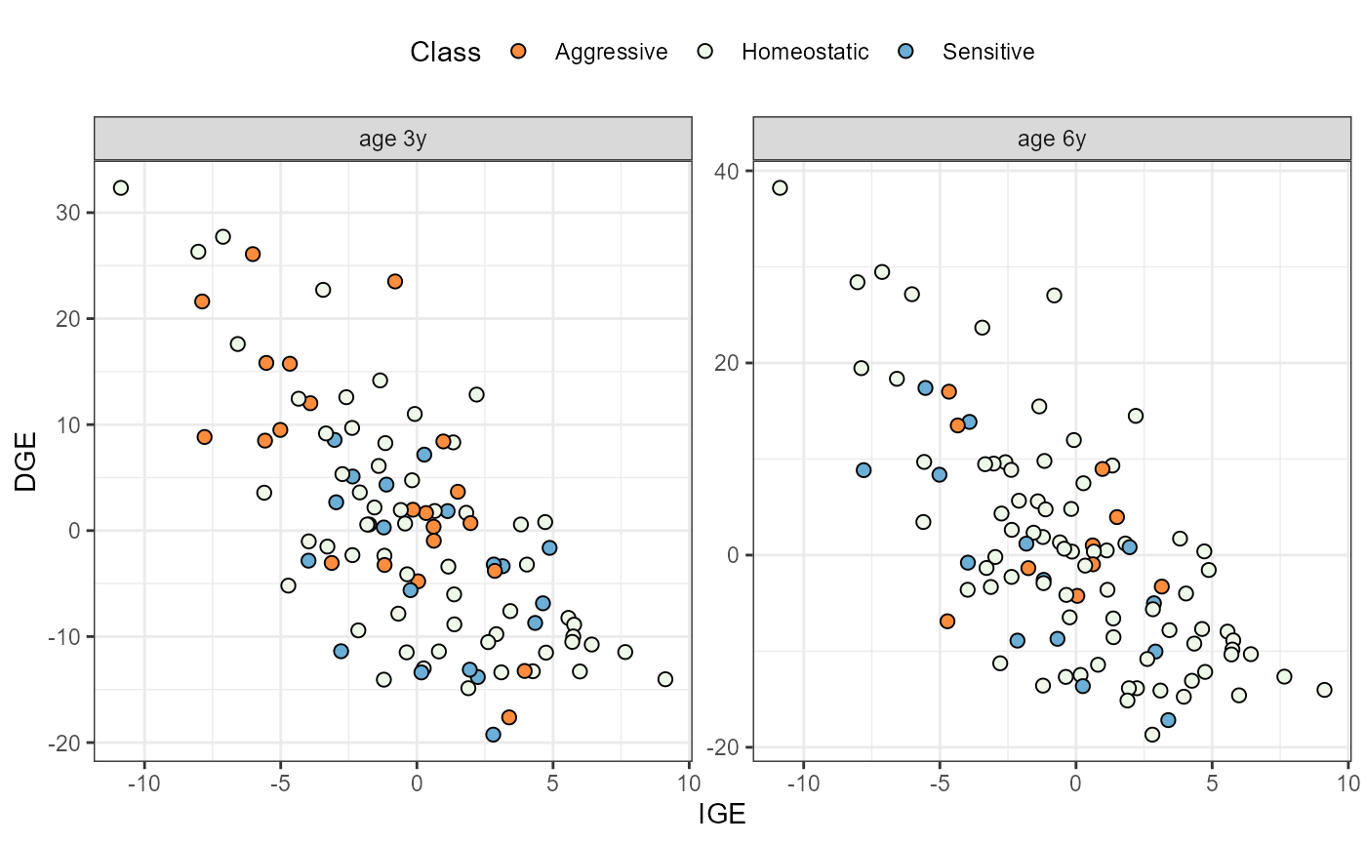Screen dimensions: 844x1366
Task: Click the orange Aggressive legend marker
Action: [x=519, y=52]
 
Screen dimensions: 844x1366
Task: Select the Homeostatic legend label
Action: [x=805, y=52]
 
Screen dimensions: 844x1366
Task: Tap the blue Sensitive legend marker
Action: [x=906, y=52]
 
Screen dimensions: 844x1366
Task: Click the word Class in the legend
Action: [x=446, y=52]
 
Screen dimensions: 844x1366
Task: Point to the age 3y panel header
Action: [x=392, y=139]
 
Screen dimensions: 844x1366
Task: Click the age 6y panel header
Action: [x=1052, y=139]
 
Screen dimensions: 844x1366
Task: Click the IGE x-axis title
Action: [x=722, y=813]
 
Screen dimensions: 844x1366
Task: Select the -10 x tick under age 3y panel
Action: [x=144, y=782]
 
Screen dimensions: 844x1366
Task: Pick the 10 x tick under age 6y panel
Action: [x=1347, y=782]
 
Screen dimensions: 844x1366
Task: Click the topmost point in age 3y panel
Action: [x=121, y=187]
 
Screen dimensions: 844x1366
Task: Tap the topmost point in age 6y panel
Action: [x=780, y=187]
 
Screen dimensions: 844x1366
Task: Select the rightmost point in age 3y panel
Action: [x=665, y=679]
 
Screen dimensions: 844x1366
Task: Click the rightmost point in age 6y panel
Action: [x=1324, y=690]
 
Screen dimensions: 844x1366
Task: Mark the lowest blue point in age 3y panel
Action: [x=493, y=735]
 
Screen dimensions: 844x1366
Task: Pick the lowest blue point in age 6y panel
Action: [x=1168, y=720]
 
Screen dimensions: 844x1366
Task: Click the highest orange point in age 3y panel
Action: [x=253, y=254]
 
